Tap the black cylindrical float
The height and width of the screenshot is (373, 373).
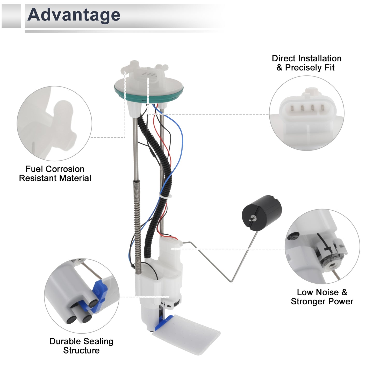(x=262, y=213)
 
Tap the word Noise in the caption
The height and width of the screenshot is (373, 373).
(x=328, y=292)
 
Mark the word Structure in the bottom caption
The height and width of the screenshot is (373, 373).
(x=82, y=350)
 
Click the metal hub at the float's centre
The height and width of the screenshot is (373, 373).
(x=254, y=218)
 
